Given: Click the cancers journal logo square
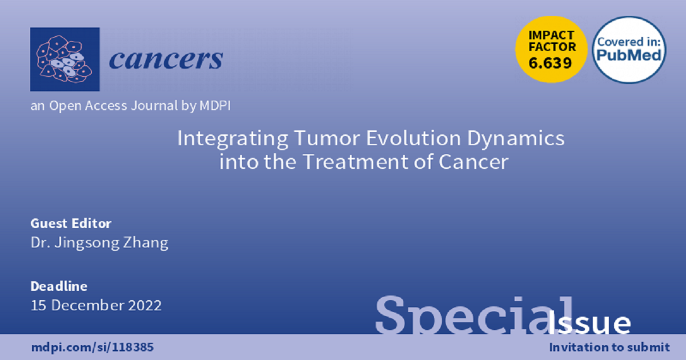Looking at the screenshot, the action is click(65, 59).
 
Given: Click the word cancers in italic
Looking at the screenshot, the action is click(166, 59).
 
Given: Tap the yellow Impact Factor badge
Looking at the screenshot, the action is click(551, 50).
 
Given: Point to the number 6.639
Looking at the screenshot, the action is click(551, 63).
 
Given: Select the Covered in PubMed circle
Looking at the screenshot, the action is click(629, 50).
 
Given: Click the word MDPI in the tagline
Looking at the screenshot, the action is click(215, 106).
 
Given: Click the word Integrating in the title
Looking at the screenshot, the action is click(233, 139).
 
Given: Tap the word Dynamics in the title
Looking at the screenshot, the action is click(516, 139).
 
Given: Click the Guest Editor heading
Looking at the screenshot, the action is click(71, 223).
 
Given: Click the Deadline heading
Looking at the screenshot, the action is click(59, 286).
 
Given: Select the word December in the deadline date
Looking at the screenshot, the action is click(87, 305).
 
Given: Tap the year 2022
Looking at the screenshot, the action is click(145, 306).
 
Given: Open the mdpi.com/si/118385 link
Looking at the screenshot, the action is click(93, 347).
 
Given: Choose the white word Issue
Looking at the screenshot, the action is click(589, 323).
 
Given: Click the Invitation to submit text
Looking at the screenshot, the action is click(609, 347).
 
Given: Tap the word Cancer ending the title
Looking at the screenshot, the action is click(473, 162).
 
